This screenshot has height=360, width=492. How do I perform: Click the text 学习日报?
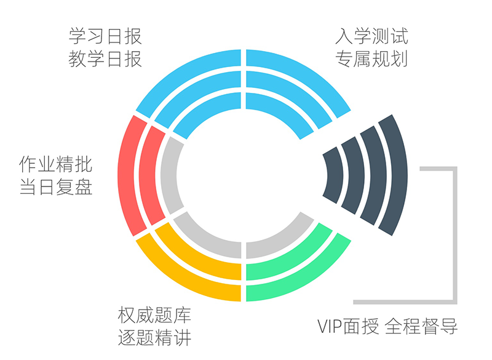[x=105, y=36]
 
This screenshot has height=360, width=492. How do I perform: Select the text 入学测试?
[x=371, y=36]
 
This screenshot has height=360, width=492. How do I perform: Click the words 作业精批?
[x=56, y=164]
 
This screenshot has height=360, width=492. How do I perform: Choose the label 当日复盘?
[x=56, y=187]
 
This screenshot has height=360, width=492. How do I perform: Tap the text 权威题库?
[x=154, y=316]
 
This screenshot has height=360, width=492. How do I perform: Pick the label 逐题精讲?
[x=154, y=338]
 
